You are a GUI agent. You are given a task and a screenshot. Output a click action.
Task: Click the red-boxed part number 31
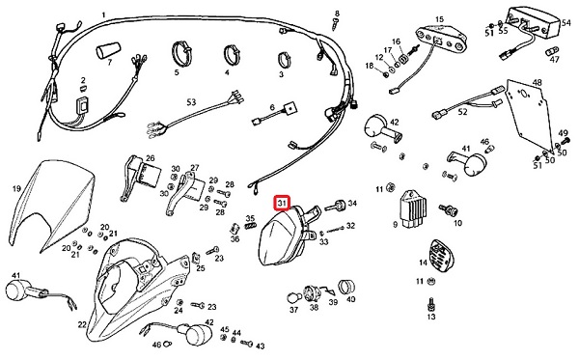282,203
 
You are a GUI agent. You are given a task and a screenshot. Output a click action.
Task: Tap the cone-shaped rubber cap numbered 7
108,50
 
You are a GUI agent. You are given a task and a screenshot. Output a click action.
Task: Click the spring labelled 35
251,223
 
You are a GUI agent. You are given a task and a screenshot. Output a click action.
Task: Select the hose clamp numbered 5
182,52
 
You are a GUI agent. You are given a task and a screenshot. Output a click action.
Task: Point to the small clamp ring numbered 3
284,59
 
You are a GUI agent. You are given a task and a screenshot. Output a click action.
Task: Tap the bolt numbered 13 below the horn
430,303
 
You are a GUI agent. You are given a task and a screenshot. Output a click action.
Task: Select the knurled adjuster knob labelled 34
335,205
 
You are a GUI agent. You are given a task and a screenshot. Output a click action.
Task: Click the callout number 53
191,102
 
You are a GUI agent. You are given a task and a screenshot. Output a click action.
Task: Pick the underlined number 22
82,324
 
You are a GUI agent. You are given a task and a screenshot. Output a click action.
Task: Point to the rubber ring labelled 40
346,286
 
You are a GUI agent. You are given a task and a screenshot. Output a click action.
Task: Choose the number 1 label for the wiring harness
104,15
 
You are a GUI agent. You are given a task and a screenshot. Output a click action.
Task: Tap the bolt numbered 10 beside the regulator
449,210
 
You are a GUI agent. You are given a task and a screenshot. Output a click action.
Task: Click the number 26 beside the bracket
150,158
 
